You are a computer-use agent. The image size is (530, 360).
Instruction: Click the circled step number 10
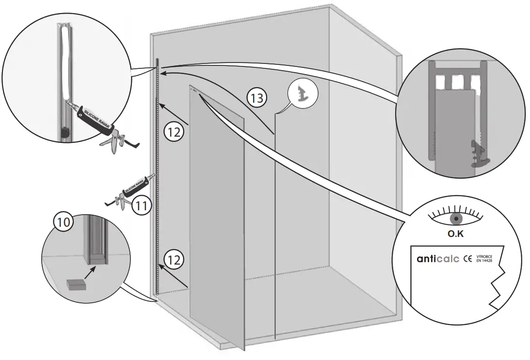click(63, 222)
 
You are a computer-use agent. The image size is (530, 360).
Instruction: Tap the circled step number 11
click(141, 205)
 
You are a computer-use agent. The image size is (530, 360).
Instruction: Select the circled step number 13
click(257, 98)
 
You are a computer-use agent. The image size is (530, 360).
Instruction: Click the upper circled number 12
click(173, 131)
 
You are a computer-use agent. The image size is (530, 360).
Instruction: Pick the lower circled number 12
click(173, 259)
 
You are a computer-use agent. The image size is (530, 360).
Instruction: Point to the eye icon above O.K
click(456, 218)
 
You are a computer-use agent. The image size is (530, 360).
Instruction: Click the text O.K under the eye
click(456, 234)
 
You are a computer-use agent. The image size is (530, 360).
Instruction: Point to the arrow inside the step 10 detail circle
click(87, 272)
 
